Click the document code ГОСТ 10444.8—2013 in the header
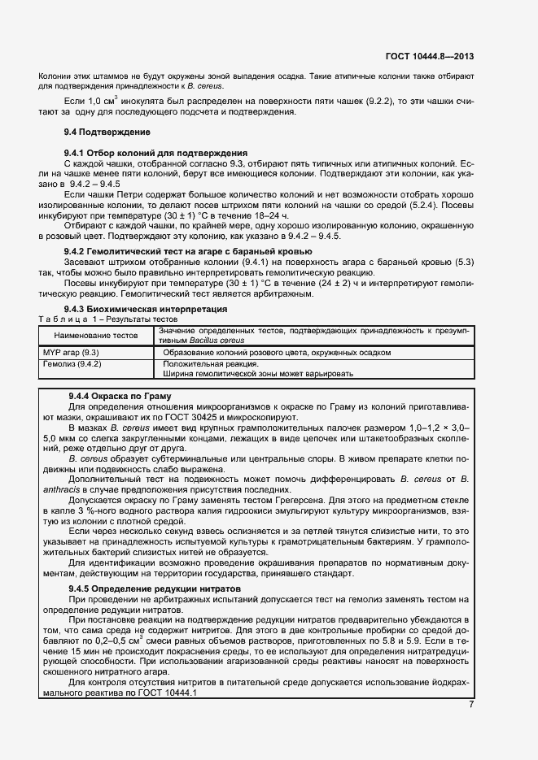(x=430, y=56)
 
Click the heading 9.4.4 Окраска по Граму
(x=119, y=396)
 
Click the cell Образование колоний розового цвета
(x=277, y=353)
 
